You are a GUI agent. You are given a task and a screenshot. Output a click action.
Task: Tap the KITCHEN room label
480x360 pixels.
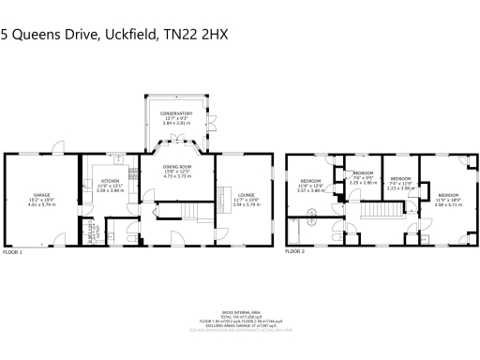[110, 180]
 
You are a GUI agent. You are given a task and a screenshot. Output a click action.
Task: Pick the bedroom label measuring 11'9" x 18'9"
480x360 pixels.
[449, 194]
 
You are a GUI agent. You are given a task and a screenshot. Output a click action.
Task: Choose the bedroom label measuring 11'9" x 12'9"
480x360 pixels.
[310, 180]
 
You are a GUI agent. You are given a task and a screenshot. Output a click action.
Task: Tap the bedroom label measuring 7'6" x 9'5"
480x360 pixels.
[363, 173]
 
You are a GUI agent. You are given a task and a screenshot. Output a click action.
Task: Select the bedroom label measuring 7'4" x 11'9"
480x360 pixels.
[401, 177]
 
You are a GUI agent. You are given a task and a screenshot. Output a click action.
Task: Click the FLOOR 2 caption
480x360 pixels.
[295, 252]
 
